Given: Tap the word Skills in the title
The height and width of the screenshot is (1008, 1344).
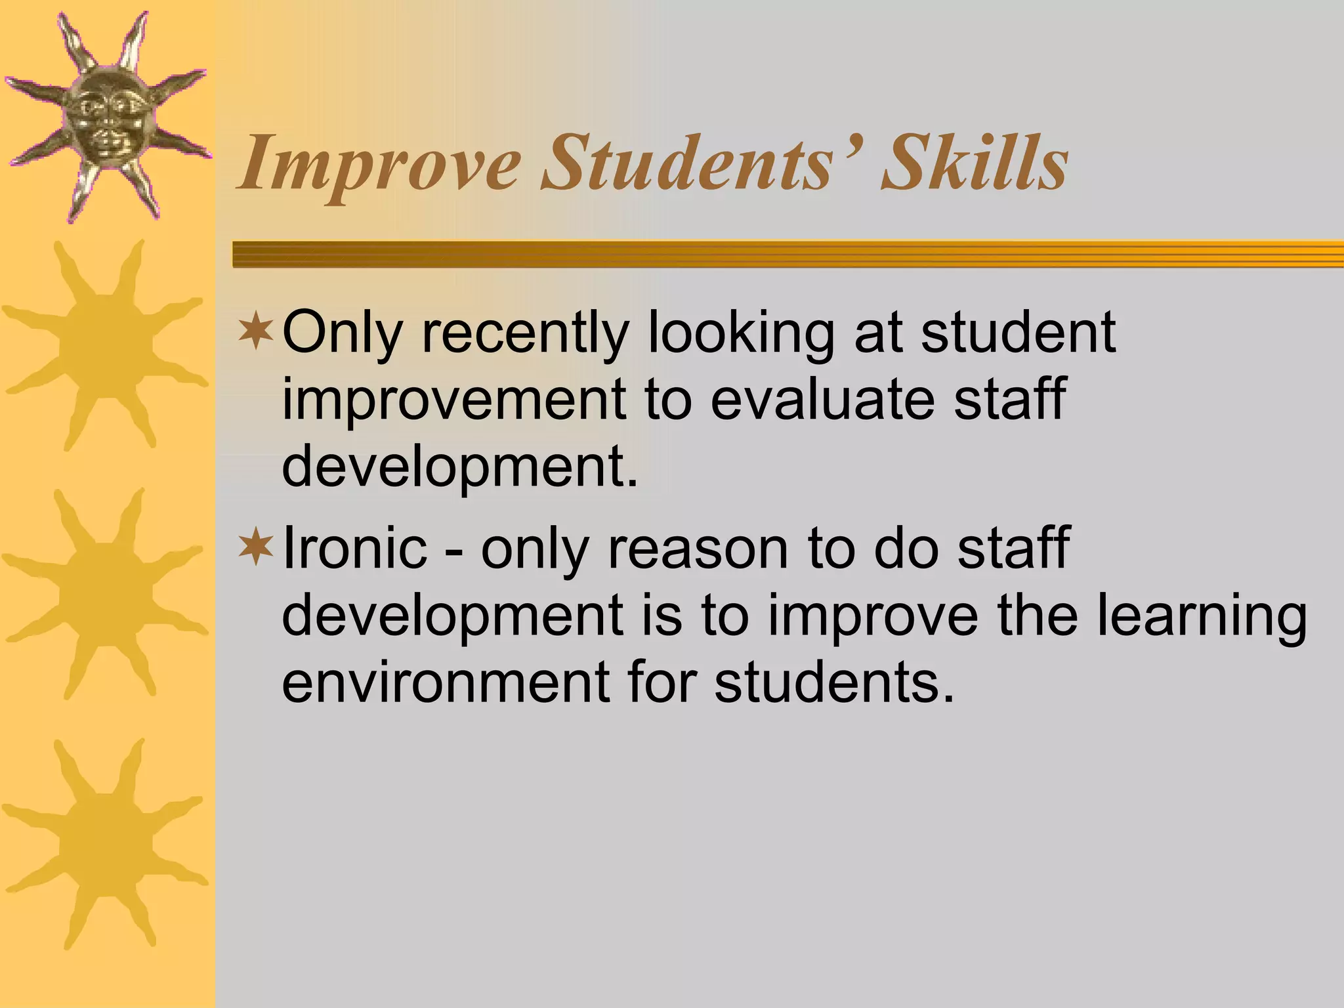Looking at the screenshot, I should point(975,162).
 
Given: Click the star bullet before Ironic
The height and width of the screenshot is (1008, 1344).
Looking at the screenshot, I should point(256,547).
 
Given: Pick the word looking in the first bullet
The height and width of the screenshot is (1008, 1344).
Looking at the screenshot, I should point(741,333).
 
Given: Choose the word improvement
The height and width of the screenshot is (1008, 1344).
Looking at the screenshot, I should point(453,400).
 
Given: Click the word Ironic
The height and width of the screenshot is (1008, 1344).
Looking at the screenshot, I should point(354,547).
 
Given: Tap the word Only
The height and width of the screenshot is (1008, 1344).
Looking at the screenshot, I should point(341,333).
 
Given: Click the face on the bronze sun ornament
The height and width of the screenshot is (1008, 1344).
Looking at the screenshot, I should point(105,118).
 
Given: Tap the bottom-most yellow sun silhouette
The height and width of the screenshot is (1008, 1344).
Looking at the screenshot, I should point(105,847).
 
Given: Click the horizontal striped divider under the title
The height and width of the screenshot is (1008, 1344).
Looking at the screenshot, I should point(787,254).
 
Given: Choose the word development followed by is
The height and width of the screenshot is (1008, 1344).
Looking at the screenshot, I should point(453,617).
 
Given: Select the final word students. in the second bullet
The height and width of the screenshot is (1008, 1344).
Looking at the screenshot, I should point(834,682).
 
